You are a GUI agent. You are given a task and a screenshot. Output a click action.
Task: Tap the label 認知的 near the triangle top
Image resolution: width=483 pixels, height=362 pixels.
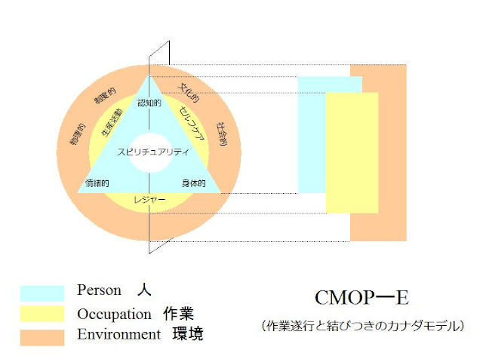pyautogui.click(x=150, y=102)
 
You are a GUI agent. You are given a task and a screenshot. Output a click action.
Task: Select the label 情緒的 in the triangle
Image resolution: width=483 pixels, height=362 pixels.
pyautogui.click(x=98, y=183)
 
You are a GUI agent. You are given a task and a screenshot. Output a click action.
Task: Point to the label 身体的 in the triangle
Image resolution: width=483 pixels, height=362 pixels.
pyautogui.click(x=194, y=183)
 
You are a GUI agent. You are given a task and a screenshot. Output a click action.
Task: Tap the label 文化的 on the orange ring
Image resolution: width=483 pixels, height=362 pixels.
pyautogui.click(x=189, y=93)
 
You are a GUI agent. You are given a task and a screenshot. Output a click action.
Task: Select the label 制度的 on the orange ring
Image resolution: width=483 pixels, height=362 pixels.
pyautogui.click(x=104, y=99)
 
